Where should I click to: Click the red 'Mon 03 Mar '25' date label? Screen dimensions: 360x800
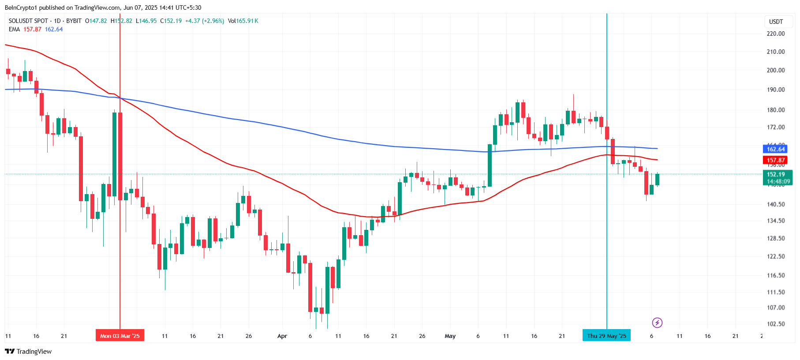120,336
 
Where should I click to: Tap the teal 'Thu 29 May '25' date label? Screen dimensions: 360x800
606,336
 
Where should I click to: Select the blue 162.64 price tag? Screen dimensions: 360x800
775,149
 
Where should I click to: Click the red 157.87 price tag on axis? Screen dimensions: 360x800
775,160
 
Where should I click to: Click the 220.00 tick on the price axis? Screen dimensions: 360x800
775,34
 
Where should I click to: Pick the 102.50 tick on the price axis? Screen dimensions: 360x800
775,324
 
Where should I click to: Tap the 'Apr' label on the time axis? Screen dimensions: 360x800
282,336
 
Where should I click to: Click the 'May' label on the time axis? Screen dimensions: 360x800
450,336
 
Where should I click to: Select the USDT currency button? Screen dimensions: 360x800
776,22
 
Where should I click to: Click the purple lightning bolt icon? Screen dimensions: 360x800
657,323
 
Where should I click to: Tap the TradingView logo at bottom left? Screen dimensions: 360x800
28,352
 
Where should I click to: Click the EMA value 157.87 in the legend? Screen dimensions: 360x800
32,30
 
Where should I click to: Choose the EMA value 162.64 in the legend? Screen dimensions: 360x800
54,30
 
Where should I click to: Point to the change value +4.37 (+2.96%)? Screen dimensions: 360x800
204,21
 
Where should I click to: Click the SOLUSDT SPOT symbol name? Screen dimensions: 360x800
28,21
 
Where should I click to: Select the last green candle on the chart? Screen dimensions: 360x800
657,179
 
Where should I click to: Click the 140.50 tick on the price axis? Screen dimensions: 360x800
775,204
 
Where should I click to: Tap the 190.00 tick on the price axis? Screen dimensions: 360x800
775,90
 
